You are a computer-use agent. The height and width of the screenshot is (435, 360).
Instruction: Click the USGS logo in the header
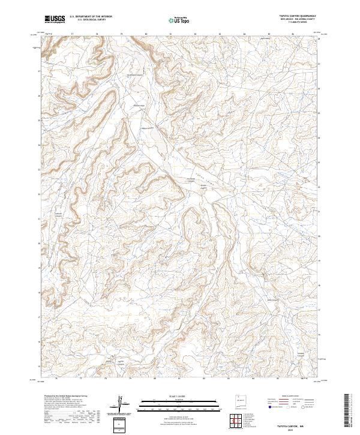click(55, 19)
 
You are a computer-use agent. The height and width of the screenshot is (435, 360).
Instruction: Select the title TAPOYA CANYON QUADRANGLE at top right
click(298, 16)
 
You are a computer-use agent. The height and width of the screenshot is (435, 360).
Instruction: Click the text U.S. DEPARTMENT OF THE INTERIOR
click(91, 17)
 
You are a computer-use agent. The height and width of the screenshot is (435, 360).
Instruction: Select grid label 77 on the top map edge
click(72, 34)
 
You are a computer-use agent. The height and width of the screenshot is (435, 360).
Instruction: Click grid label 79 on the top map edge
click(121, 34)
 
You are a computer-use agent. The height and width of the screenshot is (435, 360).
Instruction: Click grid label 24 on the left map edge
click(40, 145)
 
